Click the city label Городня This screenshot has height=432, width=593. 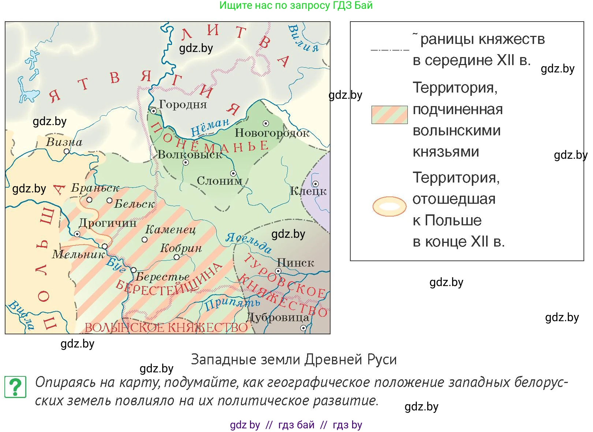click(x=183, y=105)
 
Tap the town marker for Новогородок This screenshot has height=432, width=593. click(x=266, y=124)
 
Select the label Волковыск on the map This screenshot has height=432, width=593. click(x=190, y=155)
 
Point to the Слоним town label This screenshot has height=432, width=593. click(x=219, y=181)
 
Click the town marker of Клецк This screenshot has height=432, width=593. click(x=315, y=184)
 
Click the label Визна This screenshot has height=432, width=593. click(x=64, y=142)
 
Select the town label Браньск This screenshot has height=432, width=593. click(x=95, y=188)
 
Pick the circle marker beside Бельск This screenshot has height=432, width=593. click(x=109, y=200)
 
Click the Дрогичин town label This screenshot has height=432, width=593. click(x=108, y=223)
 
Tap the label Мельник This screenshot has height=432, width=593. click(x=78, y=254)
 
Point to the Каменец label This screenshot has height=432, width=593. click(x=171, y=229)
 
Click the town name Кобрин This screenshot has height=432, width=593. click(x=181, y=248)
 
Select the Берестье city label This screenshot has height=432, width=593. click(x=163, y=277)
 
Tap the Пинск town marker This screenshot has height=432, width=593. click(x=278, y=271)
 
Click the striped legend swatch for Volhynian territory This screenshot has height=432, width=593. click(x=389, y=115)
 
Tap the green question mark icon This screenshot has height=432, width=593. click(x=15, y=387)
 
